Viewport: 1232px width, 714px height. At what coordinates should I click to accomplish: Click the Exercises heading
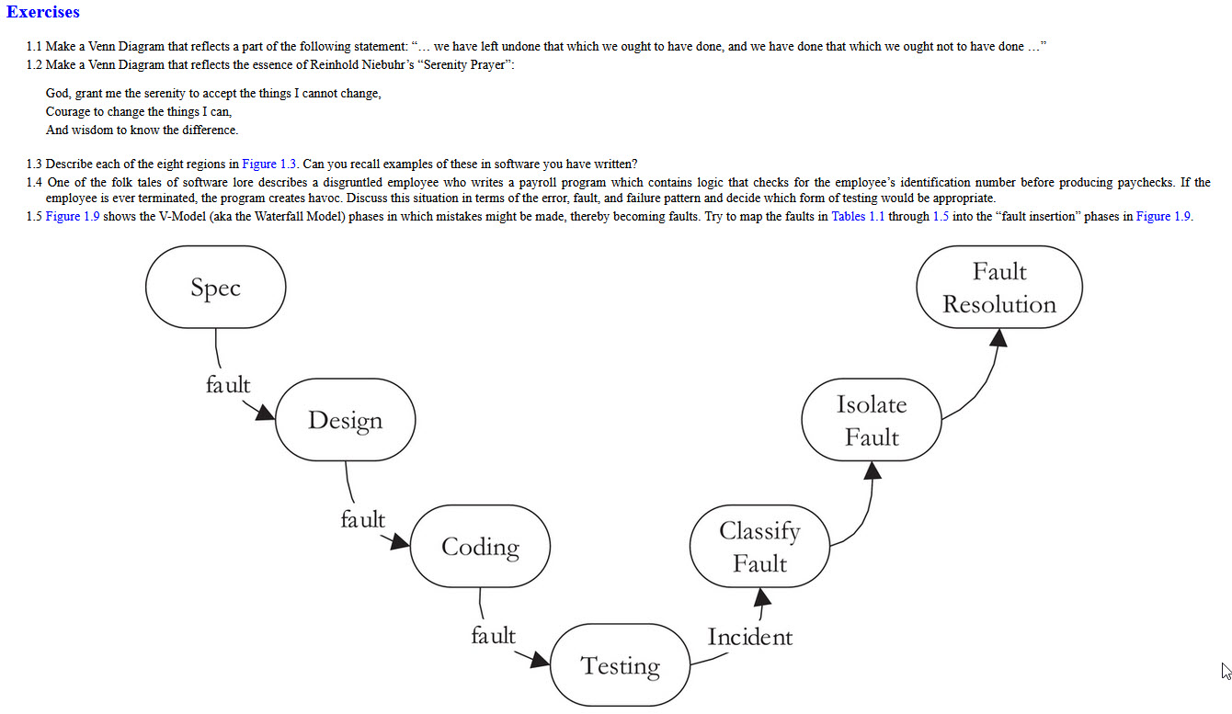42,13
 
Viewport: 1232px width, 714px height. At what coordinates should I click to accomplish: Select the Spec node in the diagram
215,288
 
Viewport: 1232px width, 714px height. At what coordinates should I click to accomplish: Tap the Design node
345,420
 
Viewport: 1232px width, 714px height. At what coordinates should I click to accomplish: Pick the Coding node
480,547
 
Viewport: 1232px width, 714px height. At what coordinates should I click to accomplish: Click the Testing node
620,665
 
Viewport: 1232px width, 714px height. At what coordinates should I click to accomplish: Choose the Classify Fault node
759,547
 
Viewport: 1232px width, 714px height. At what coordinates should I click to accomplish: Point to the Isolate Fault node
871,420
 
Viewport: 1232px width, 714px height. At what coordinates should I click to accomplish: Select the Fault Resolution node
999,288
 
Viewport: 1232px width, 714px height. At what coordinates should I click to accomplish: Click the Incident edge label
749,637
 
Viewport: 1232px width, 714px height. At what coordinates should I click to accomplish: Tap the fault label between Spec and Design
227,385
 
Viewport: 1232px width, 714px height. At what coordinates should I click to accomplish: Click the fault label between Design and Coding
362,519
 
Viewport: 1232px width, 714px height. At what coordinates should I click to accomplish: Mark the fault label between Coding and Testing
493,635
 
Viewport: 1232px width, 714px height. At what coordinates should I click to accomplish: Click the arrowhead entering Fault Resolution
999,337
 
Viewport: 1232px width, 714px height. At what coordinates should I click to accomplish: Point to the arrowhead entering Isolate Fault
873,470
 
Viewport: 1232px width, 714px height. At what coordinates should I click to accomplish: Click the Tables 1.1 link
858,217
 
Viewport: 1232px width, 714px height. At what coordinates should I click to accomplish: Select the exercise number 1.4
35,182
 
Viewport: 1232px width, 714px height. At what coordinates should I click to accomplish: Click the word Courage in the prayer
67,112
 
